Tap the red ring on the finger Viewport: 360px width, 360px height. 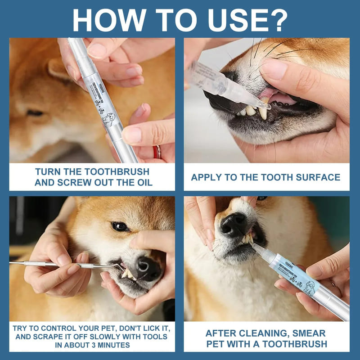click(157, 152)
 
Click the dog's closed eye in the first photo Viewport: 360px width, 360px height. click(35, 113)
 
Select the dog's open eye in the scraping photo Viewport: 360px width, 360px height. click(120, 226)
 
